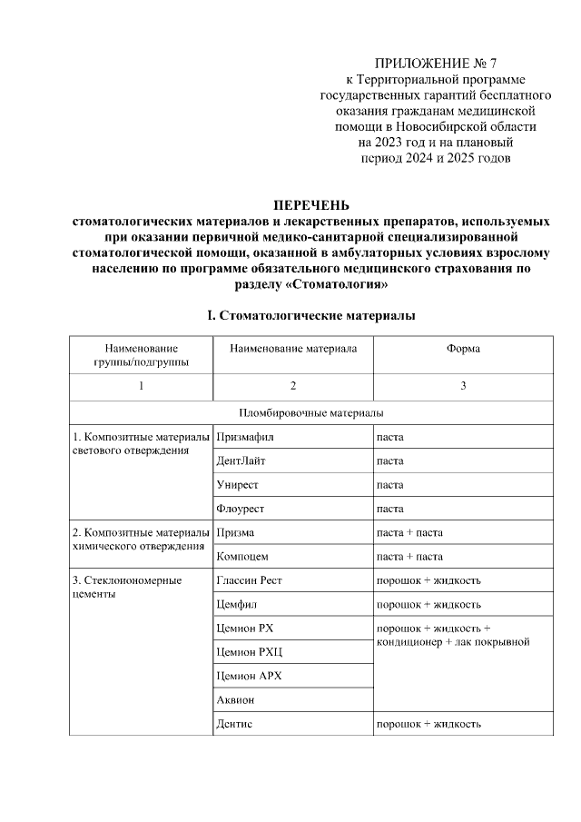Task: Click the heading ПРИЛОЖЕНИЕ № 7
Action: click(x=436, y=64)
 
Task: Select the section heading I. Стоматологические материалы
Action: click(x=311, y=316)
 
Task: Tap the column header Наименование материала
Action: click(x=292, y=349)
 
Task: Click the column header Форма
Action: click(x=462, y=349)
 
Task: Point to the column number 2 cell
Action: click(x=292, y=387)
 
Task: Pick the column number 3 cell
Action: click(x=462, y=387)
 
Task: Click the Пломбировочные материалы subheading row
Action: click(x=311, y=412)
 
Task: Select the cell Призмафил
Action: click(x=245, y=437)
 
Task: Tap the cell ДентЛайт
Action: click(x=241, y=461)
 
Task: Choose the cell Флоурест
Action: click(x=241, y=509)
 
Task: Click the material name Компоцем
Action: click(x=242, y=556)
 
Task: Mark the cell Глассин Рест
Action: click(x=251, y=579)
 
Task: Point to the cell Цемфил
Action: click(x=239, y=604)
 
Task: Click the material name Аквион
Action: click(x=236, y=699)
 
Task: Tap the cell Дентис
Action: click(x=235, y=724)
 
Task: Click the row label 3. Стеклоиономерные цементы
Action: click(x=127, y=586)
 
